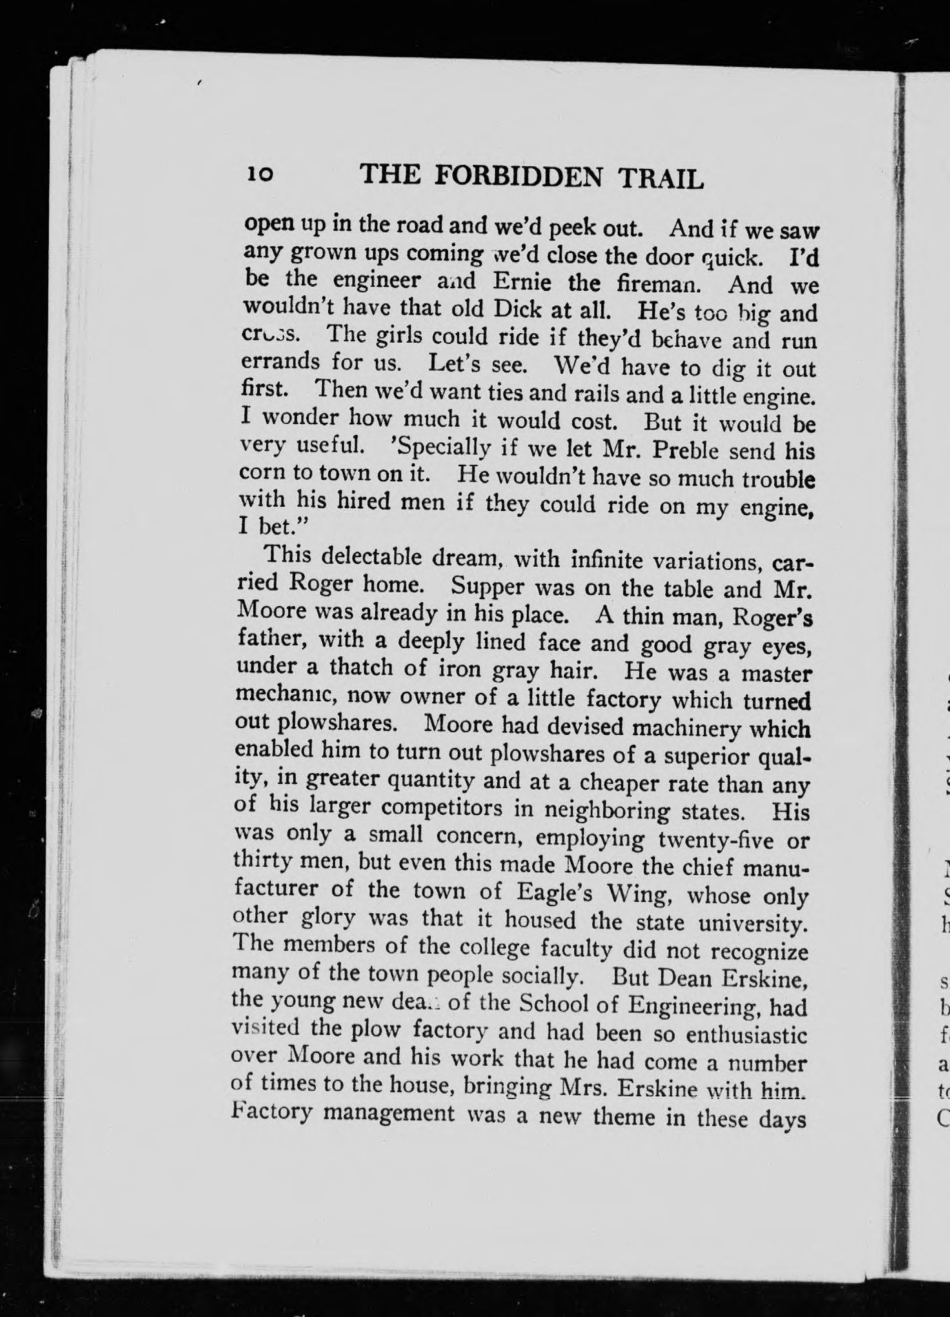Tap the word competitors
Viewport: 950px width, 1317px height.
tap(456, 808)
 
